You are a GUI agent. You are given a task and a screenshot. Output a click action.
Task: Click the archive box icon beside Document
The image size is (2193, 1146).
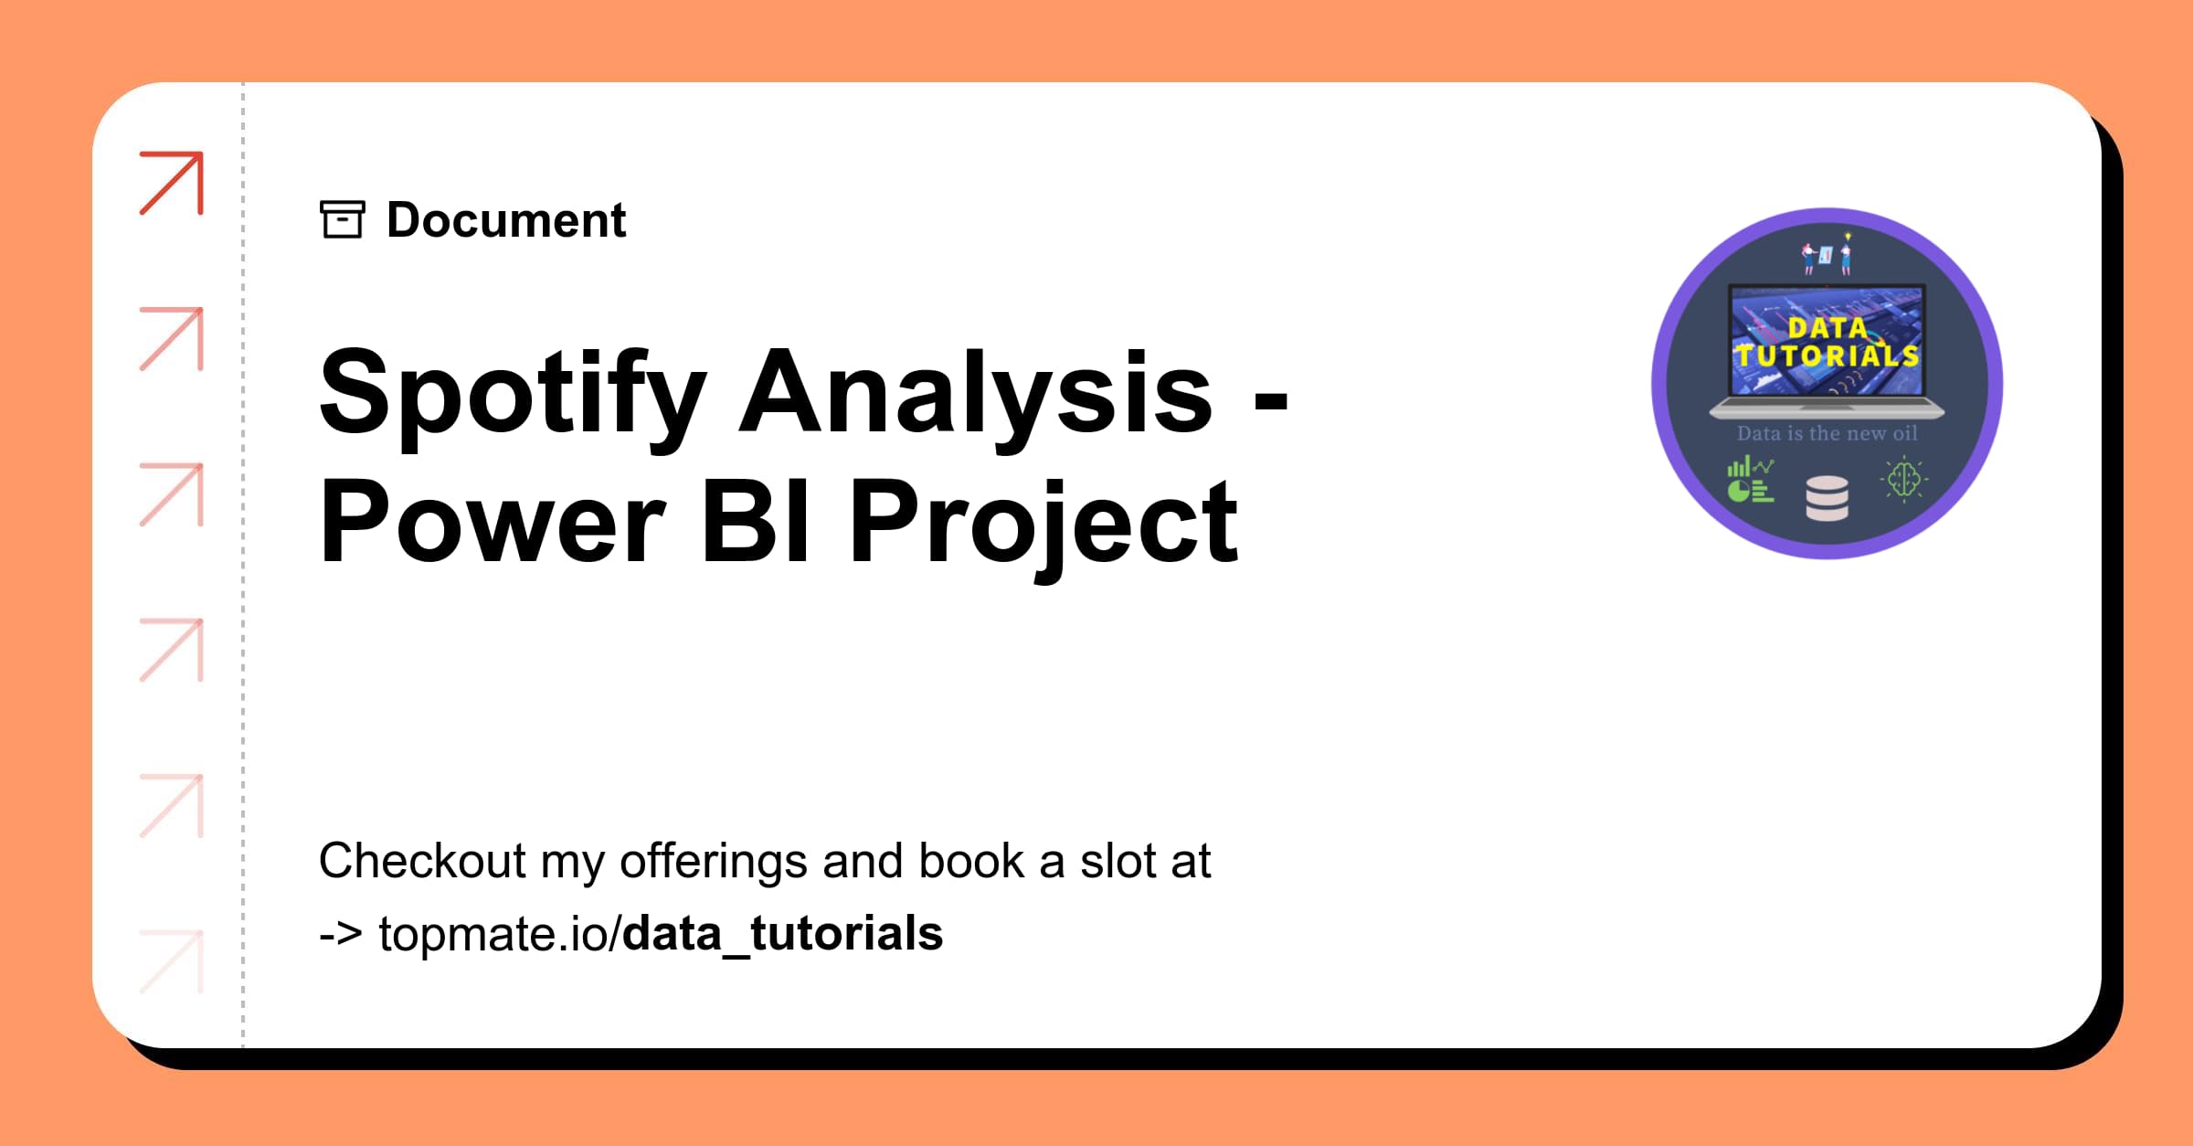343,219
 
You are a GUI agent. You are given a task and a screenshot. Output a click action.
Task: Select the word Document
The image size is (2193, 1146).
506,220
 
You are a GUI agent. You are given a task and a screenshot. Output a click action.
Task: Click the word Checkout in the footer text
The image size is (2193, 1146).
422,861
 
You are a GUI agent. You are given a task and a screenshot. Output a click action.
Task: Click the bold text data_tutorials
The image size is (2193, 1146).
783,934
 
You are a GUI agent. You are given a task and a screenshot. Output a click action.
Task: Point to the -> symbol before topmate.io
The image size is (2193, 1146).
340,934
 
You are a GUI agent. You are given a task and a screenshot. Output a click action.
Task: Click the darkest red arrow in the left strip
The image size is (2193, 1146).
172,183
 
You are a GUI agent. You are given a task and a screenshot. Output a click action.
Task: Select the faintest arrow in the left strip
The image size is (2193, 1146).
172,961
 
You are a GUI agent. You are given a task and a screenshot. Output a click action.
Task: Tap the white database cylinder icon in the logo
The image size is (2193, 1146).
1827,499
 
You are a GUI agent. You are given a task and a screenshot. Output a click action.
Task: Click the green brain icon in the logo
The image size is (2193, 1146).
1904,480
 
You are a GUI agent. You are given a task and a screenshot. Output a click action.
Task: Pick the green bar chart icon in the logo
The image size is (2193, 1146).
1750,481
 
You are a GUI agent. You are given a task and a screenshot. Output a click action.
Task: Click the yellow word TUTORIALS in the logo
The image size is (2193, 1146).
1827,355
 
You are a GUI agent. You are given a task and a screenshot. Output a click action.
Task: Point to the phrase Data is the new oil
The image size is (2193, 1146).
1827,433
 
